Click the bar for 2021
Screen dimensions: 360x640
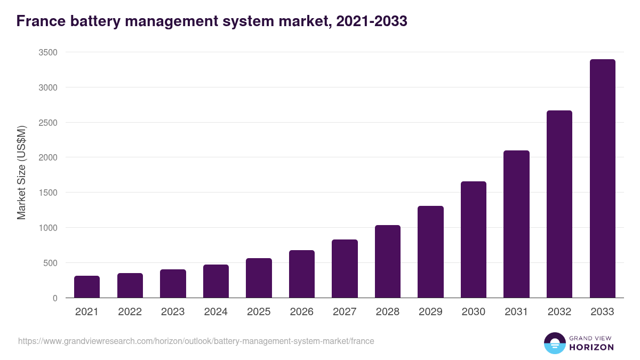click(87, 287)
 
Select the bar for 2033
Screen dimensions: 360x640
click(602, 179)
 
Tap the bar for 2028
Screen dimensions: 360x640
click(387, 262)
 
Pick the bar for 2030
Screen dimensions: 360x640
click(474, 240)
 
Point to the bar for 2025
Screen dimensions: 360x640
click(259, 278)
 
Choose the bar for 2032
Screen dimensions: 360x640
click(559, 204)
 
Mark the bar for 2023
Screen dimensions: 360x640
click(173, 284)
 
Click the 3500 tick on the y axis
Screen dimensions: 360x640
click(48, 52)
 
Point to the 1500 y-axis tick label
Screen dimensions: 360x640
click(48, 193)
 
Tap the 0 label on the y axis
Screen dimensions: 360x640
click(55, 298)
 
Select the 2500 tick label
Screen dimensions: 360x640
click(48, 123)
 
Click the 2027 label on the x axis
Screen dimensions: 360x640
click(345, 312)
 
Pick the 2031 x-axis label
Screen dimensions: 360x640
click(516, 312)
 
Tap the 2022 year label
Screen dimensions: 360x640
click(130, 312)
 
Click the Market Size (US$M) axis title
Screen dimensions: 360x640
click(21, 172)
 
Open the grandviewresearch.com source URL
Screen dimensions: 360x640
click(196, 341)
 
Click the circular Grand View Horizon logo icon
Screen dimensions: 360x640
click(555, 343)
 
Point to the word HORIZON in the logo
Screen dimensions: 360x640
click(592, 347)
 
